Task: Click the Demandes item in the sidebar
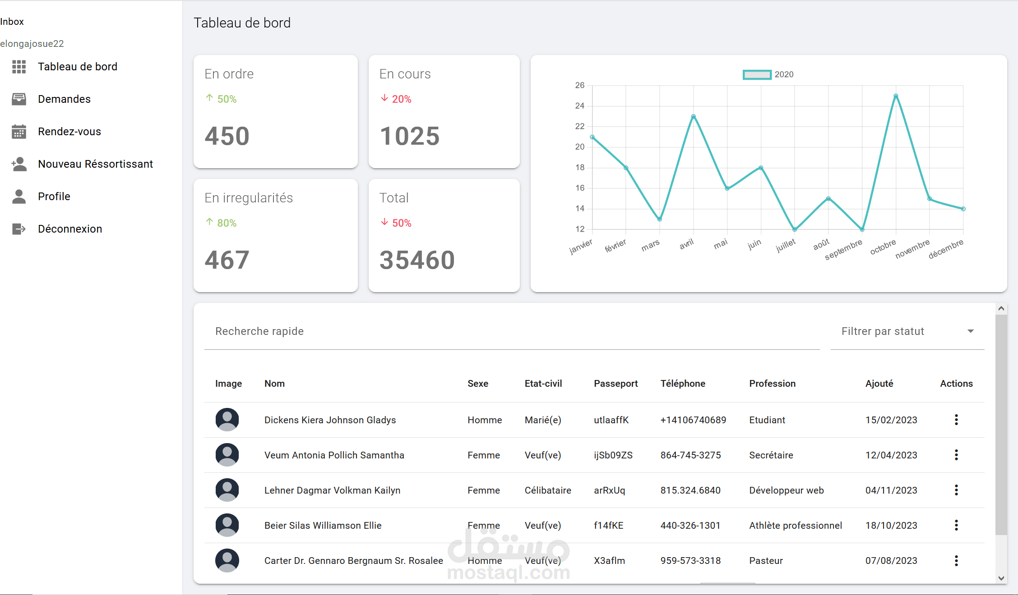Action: pos(64,99)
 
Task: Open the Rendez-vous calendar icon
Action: pos(19,132)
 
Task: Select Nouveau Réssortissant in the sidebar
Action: pos(95,164)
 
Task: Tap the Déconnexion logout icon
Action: pos(19,229)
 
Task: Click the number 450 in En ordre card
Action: pos(227,136)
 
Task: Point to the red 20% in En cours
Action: pos(402,99)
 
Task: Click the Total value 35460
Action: pos(417,260)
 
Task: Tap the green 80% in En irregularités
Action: pos(227,223)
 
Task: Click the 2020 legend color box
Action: pos(757,75)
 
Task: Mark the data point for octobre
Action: pos(896,96)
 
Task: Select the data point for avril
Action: pos(694,116)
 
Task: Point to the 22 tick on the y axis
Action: pos(580,126)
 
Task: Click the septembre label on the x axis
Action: pos(843,249)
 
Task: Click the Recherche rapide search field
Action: pos(512,331)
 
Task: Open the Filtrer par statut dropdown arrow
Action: pos(971,331)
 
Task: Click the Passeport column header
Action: pos(615,384)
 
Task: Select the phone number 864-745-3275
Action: pos(690,455)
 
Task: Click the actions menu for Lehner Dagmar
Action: pos(956,490)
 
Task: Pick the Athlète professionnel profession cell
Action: pos(796,526)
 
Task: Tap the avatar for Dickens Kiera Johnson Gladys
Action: pos(227,420)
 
